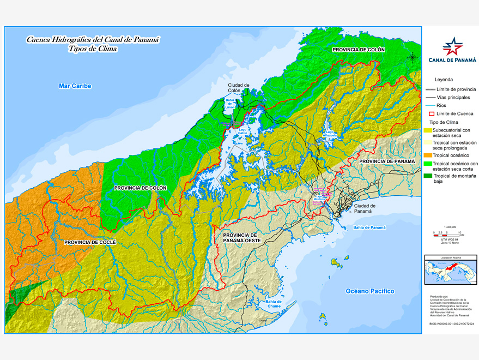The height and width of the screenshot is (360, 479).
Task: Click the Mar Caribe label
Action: tap(75, 86)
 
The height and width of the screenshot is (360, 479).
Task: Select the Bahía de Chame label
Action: tap(274, 304)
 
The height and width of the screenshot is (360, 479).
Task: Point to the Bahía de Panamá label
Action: tap(369, 227)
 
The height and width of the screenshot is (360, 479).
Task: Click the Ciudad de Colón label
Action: tap(239, 88)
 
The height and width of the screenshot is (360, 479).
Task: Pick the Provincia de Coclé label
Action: tap(90, 242)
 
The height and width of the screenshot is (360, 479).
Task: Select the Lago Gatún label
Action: tap(242, 133)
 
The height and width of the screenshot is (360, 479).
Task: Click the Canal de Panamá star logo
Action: tap(452, 46)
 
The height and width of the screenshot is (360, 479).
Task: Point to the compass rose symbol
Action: tap(413, 56)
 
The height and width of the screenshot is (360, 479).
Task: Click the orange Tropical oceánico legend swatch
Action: tap(429, 155)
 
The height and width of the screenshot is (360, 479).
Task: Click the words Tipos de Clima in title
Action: tap(93, 49)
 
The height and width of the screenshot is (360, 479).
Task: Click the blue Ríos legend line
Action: tap(429, 105)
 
